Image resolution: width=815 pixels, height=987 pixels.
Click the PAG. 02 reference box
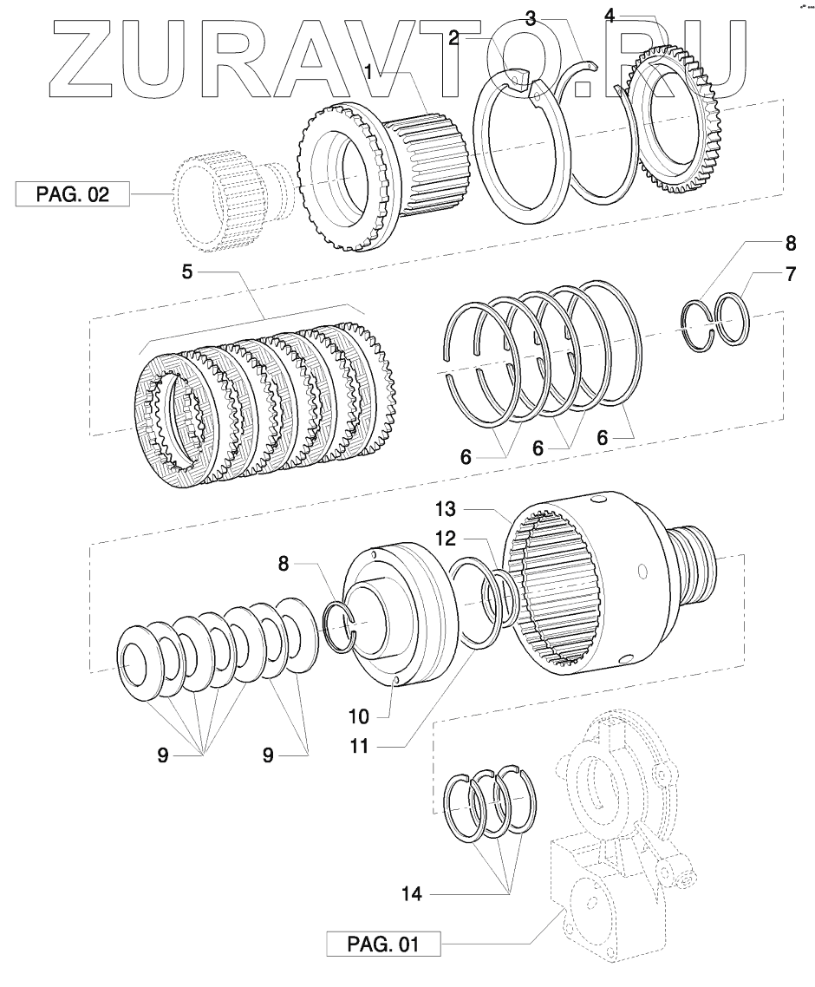click(x=72, y=193)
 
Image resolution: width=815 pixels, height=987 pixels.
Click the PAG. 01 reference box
click(x=382, y=943)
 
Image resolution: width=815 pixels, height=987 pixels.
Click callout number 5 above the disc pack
click(x=186, y=272)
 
